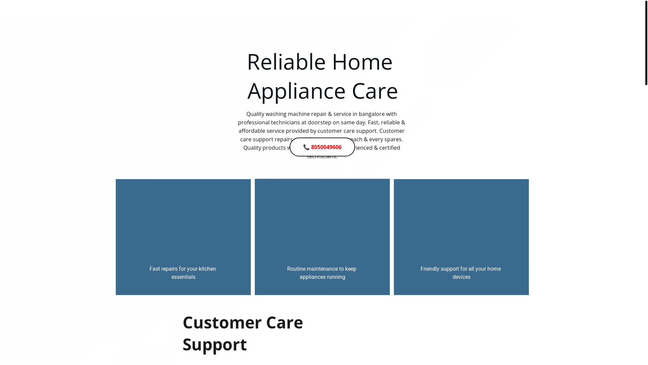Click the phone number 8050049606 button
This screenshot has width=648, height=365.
[x=326, y=147]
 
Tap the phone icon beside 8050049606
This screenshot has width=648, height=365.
[x=306, y=147]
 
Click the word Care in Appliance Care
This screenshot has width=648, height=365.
[x=375, y=91]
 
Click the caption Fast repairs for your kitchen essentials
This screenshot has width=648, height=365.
[x=183, y=273]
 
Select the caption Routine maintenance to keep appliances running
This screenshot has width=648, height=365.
[x=322, y=273]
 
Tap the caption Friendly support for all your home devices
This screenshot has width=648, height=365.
[x=461, y=273]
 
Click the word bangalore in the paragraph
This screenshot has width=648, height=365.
[x=371, y=114]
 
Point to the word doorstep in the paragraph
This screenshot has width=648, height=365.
[x=319, y=122]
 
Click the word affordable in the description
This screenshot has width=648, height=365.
[x=252, y=131]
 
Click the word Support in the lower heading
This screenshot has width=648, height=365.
[x=215, y=344]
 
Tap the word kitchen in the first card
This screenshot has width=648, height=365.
[x=207, y=269]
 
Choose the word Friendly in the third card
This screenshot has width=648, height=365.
[x=430, y=269]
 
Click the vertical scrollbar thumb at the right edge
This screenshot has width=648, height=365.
[x=646, y=42]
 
